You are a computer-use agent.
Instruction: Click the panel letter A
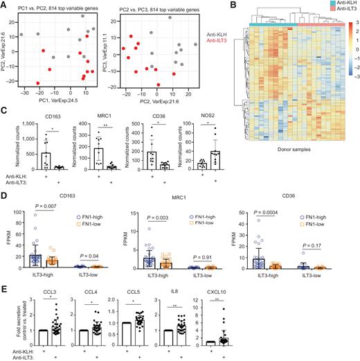coord(4,5)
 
